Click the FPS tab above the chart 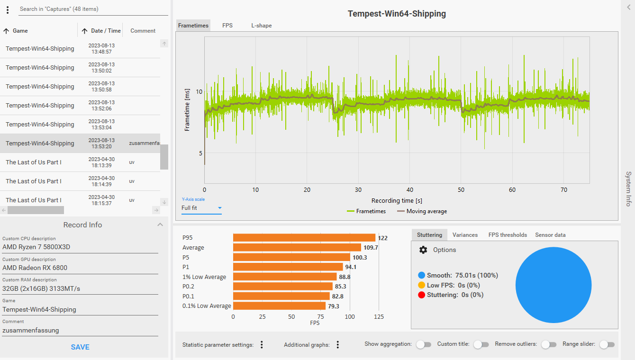227,26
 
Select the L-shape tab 261,26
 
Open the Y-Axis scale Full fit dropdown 201,208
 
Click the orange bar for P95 304,238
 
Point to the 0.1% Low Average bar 279,306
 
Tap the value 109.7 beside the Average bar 371,248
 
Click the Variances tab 465,235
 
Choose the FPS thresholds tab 508,235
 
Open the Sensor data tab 550,235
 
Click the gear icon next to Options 423,250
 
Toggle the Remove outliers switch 549,344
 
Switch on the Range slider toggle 607,344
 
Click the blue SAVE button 80,347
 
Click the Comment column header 143,31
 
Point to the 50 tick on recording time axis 461,189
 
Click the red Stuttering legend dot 421,295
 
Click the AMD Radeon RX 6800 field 80,268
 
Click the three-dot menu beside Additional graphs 338,344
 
